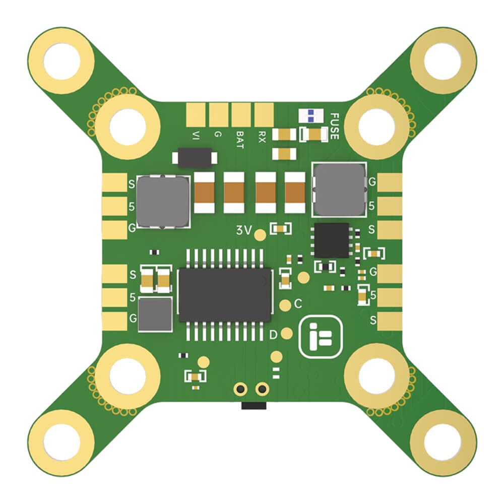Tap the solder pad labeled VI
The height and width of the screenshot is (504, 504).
click(x=196, y=115)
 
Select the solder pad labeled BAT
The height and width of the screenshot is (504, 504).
click(x=240, y=115)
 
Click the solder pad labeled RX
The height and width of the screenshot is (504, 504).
click(x=263, y=115)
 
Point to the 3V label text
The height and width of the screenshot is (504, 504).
click(x=243, y=231)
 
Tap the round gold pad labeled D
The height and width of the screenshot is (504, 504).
click(x=287, y=333)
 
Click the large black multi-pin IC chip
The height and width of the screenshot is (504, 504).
click(x=225, y=295)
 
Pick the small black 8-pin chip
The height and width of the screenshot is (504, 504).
click(x=331, y=240)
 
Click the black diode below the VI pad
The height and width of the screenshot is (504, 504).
click(x=195, y=158)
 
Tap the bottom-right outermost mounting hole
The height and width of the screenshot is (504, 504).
click(x=443, y=442)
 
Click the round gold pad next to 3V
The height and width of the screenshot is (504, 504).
click(x=260, y=234)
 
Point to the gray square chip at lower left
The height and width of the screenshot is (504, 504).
click(x=155, y=314)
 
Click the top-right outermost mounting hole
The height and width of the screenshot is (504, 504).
click(x=443, y=61)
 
